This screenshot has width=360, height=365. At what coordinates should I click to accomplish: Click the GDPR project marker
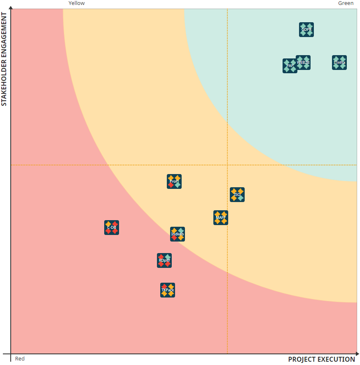click(306, 30)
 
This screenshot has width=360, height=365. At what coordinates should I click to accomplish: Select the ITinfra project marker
click(339, 63)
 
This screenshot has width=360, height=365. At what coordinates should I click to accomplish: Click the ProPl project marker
click(174, 181)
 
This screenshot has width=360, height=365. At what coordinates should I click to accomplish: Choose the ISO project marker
click(237, 195)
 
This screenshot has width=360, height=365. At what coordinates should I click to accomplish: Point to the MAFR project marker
click(221, 218)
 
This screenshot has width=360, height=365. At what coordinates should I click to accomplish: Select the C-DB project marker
click(112, 228)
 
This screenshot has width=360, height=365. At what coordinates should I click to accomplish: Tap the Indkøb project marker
click(178, 234)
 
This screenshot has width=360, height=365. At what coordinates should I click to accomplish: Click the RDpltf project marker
click(164, 260)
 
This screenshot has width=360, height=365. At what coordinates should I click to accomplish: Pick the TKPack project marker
click(168, 290)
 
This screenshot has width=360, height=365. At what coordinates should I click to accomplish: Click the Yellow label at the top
click(77, 3)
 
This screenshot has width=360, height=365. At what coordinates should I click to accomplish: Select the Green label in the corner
click(346, 3)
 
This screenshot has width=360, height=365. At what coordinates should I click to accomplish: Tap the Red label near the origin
click(20, 359)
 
